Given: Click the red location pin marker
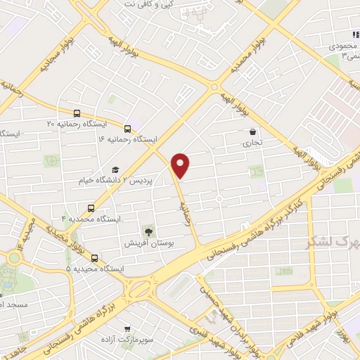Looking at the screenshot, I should (181, 165).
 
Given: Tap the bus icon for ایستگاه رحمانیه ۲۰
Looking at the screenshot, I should (76, 112).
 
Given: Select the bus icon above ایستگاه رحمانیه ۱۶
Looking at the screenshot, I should (127, 128).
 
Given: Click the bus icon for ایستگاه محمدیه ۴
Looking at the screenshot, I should (91, 208).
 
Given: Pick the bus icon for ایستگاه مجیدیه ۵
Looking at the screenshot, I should (95, 257).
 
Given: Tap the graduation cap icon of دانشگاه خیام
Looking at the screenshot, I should (115, 169).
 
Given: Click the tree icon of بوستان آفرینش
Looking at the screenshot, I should (148, 231).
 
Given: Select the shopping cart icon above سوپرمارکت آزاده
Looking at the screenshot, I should (127, 328).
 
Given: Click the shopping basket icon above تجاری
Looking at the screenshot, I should (252, 131).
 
